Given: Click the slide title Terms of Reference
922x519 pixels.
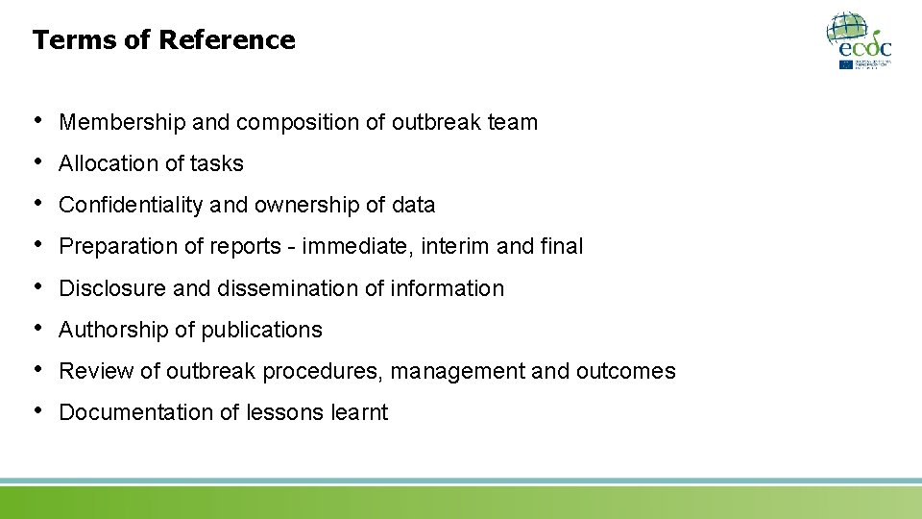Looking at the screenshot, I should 163,40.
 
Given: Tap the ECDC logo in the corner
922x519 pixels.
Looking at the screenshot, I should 859,40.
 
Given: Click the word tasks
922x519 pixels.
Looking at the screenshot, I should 216,164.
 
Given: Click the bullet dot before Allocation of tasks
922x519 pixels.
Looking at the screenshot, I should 37,161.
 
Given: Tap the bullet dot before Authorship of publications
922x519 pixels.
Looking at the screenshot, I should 37,327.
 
